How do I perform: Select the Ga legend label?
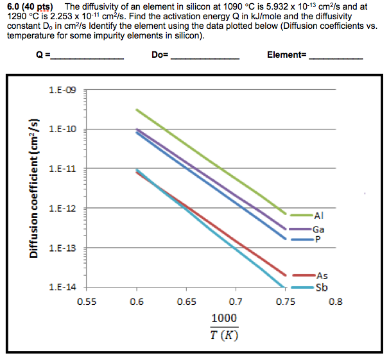318,229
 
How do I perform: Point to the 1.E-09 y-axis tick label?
62,90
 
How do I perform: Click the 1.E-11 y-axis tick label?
62,169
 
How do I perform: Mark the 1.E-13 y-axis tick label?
62,248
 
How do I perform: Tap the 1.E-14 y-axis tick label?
62,287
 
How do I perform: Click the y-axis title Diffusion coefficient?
32,189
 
